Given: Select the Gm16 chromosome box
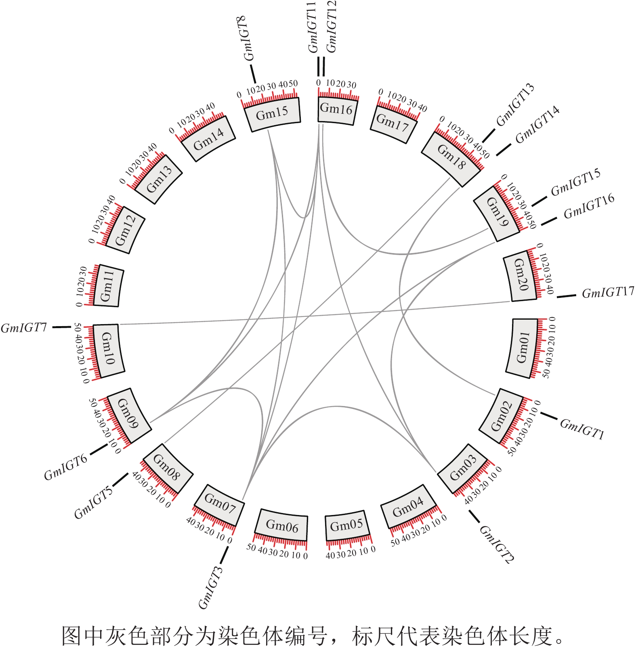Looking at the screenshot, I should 336,109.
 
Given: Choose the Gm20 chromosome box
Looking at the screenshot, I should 521,278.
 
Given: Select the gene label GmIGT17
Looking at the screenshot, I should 608,292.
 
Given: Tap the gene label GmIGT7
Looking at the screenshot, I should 24,328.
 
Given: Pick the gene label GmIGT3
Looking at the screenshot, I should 210,587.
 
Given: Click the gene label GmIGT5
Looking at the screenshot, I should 93,503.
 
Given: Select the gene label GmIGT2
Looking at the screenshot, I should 496,544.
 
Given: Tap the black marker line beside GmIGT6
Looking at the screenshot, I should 99,450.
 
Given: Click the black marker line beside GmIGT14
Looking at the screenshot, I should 504,150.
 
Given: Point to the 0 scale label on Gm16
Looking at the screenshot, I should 319,83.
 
